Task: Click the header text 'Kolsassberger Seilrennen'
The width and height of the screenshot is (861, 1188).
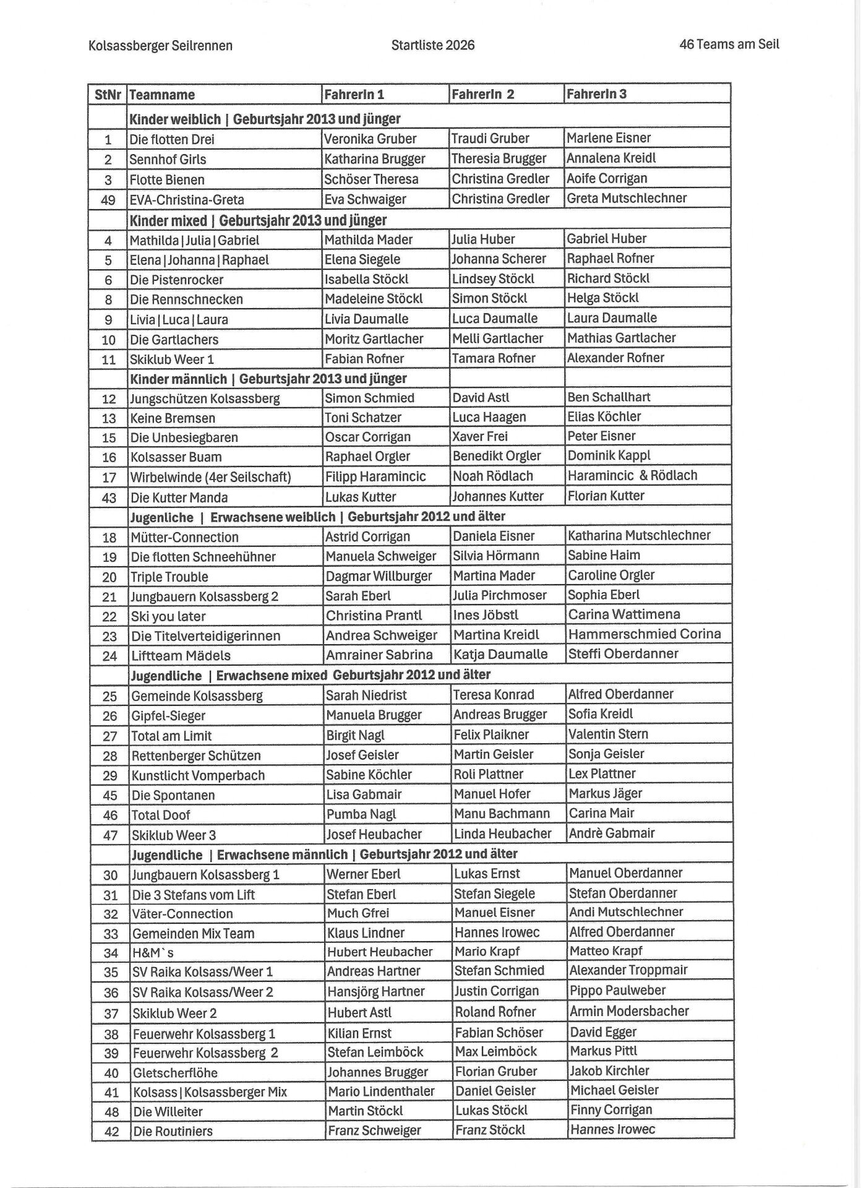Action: [160, 46]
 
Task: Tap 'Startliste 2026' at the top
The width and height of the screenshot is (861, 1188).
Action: [433, 45]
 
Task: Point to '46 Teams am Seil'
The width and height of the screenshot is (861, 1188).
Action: [729, 44]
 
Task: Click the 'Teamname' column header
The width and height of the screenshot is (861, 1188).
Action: [162, 95]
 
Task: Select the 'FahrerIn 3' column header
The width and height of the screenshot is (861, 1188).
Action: [596, 93]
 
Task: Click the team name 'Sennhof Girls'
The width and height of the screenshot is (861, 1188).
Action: [168, 159]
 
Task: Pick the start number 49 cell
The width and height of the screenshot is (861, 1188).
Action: [108, 200]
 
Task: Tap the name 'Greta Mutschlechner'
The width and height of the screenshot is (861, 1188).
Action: [627, 198]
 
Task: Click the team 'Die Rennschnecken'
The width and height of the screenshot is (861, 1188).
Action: [186, 299]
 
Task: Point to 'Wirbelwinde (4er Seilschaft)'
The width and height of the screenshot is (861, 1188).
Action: [210, 477]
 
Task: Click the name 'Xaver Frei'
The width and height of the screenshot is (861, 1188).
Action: [480, 436]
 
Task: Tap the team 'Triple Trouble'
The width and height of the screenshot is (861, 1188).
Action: [169, 577]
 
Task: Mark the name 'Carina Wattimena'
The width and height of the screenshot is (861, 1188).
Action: [624, 614]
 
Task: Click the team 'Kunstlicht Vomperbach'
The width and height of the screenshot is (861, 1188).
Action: [198, 775]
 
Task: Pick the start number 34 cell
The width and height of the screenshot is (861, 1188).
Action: [111, 953]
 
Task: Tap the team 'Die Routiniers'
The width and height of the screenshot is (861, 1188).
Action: [173, 1131]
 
